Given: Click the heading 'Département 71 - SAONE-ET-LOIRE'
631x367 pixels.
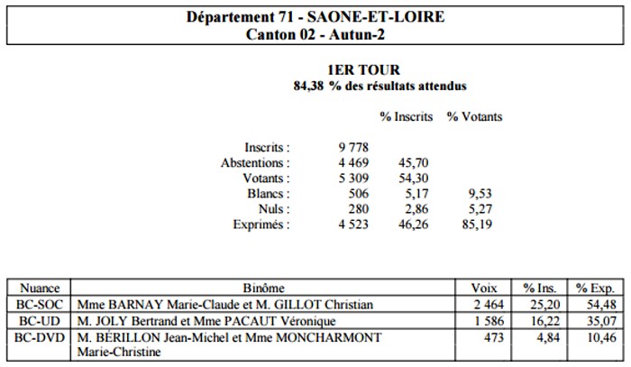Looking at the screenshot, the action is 315,17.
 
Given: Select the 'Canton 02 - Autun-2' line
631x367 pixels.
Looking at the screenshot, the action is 315,34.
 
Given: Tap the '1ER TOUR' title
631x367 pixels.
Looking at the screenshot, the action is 364,70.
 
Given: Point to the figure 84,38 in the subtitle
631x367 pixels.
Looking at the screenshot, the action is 308,87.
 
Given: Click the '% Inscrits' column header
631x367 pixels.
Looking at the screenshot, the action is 406,116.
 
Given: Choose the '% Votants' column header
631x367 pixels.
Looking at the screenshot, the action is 474,116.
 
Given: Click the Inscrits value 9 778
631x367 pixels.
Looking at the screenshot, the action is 353,147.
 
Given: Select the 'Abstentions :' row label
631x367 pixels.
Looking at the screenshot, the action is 255,163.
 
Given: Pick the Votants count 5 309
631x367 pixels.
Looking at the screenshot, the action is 353,179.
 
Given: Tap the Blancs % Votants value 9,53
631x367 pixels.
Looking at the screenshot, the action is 480,194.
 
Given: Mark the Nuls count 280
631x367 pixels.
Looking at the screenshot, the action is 359,209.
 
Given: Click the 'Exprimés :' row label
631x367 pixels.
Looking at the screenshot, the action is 261,225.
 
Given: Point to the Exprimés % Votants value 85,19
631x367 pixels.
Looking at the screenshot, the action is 477,225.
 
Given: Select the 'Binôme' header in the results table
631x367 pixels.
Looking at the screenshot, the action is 263,289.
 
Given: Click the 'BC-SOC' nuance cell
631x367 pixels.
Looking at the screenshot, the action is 40,305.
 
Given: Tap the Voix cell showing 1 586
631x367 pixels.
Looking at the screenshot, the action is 489,321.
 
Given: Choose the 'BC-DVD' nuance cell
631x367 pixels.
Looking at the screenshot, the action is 40,337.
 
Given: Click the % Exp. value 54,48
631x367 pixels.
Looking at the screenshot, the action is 601,305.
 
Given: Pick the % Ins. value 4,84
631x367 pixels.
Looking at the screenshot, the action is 548,337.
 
